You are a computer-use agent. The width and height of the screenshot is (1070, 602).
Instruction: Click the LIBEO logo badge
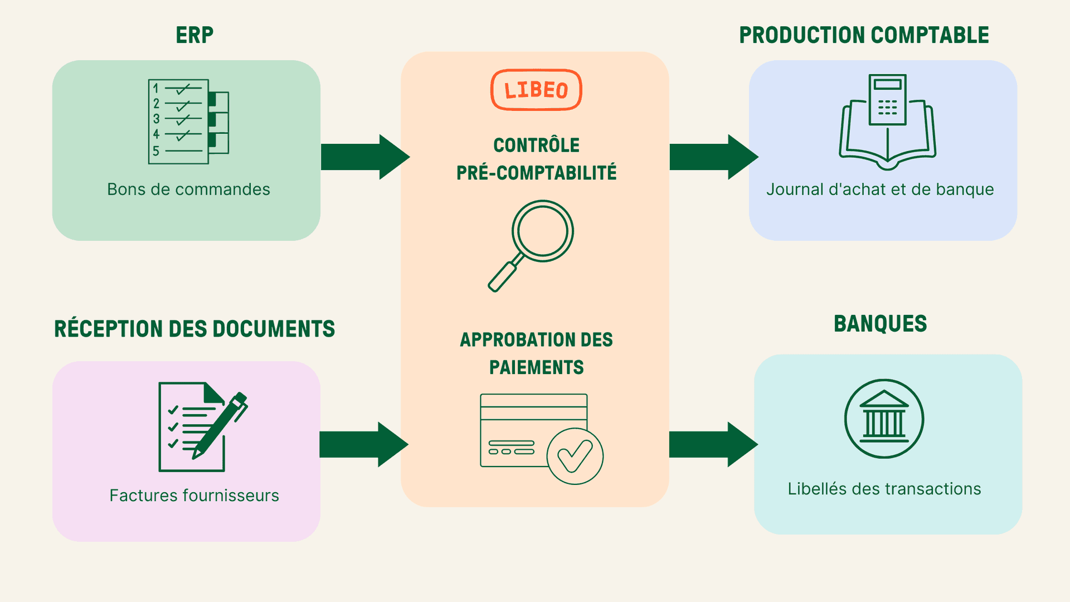536,90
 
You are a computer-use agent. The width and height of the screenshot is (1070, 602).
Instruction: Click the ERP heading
194,35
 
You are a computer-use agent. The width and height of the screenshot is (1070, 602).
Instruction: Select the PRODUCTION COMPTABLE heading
864,35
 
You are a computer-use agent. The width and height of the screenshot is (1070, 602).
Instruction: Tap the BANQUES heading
880,324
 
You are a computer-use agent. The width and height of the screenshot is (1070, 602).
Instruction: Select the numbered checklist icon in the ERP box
187,122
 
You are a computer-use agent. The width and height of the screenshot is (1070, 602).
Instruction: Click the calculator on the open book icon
887,100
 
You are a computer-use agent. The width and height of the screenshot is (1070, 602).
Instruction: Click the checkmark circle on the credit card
575,456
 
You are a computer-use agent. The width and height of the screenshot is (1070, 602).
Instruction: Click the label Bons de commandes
188,190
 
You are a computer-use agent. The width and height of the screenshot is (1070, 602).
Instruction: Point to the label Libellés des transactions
884,489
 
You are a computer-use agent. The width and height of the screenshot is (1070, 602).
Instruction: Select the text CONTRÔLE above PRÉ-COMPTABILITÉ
536,145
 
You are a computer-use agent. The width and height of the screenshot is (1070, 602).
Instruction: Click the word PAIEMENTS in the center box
536,367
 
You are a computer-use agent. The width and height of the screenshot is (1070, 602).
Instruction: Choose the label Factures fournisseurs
194,496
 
